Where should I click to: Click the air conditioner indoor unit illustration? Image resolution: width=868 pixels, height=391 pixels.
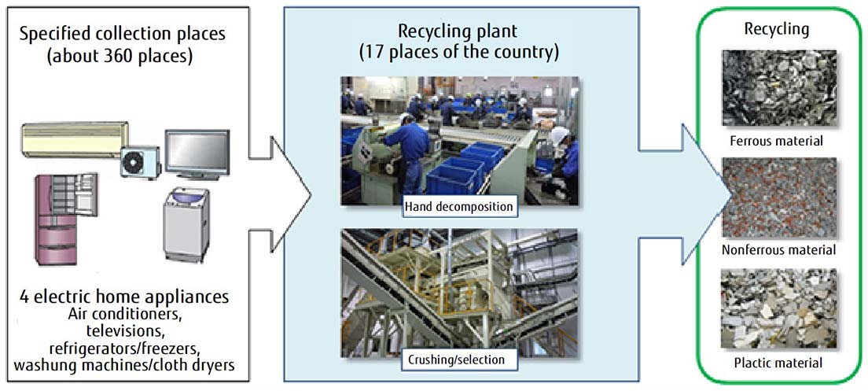click(75, 137)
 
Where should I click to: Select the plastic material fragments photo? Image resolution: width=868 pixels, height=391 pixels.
click(778, 309)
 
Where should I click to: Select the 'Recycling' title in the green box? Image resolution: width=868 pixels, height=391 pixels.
click(777, 29)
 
